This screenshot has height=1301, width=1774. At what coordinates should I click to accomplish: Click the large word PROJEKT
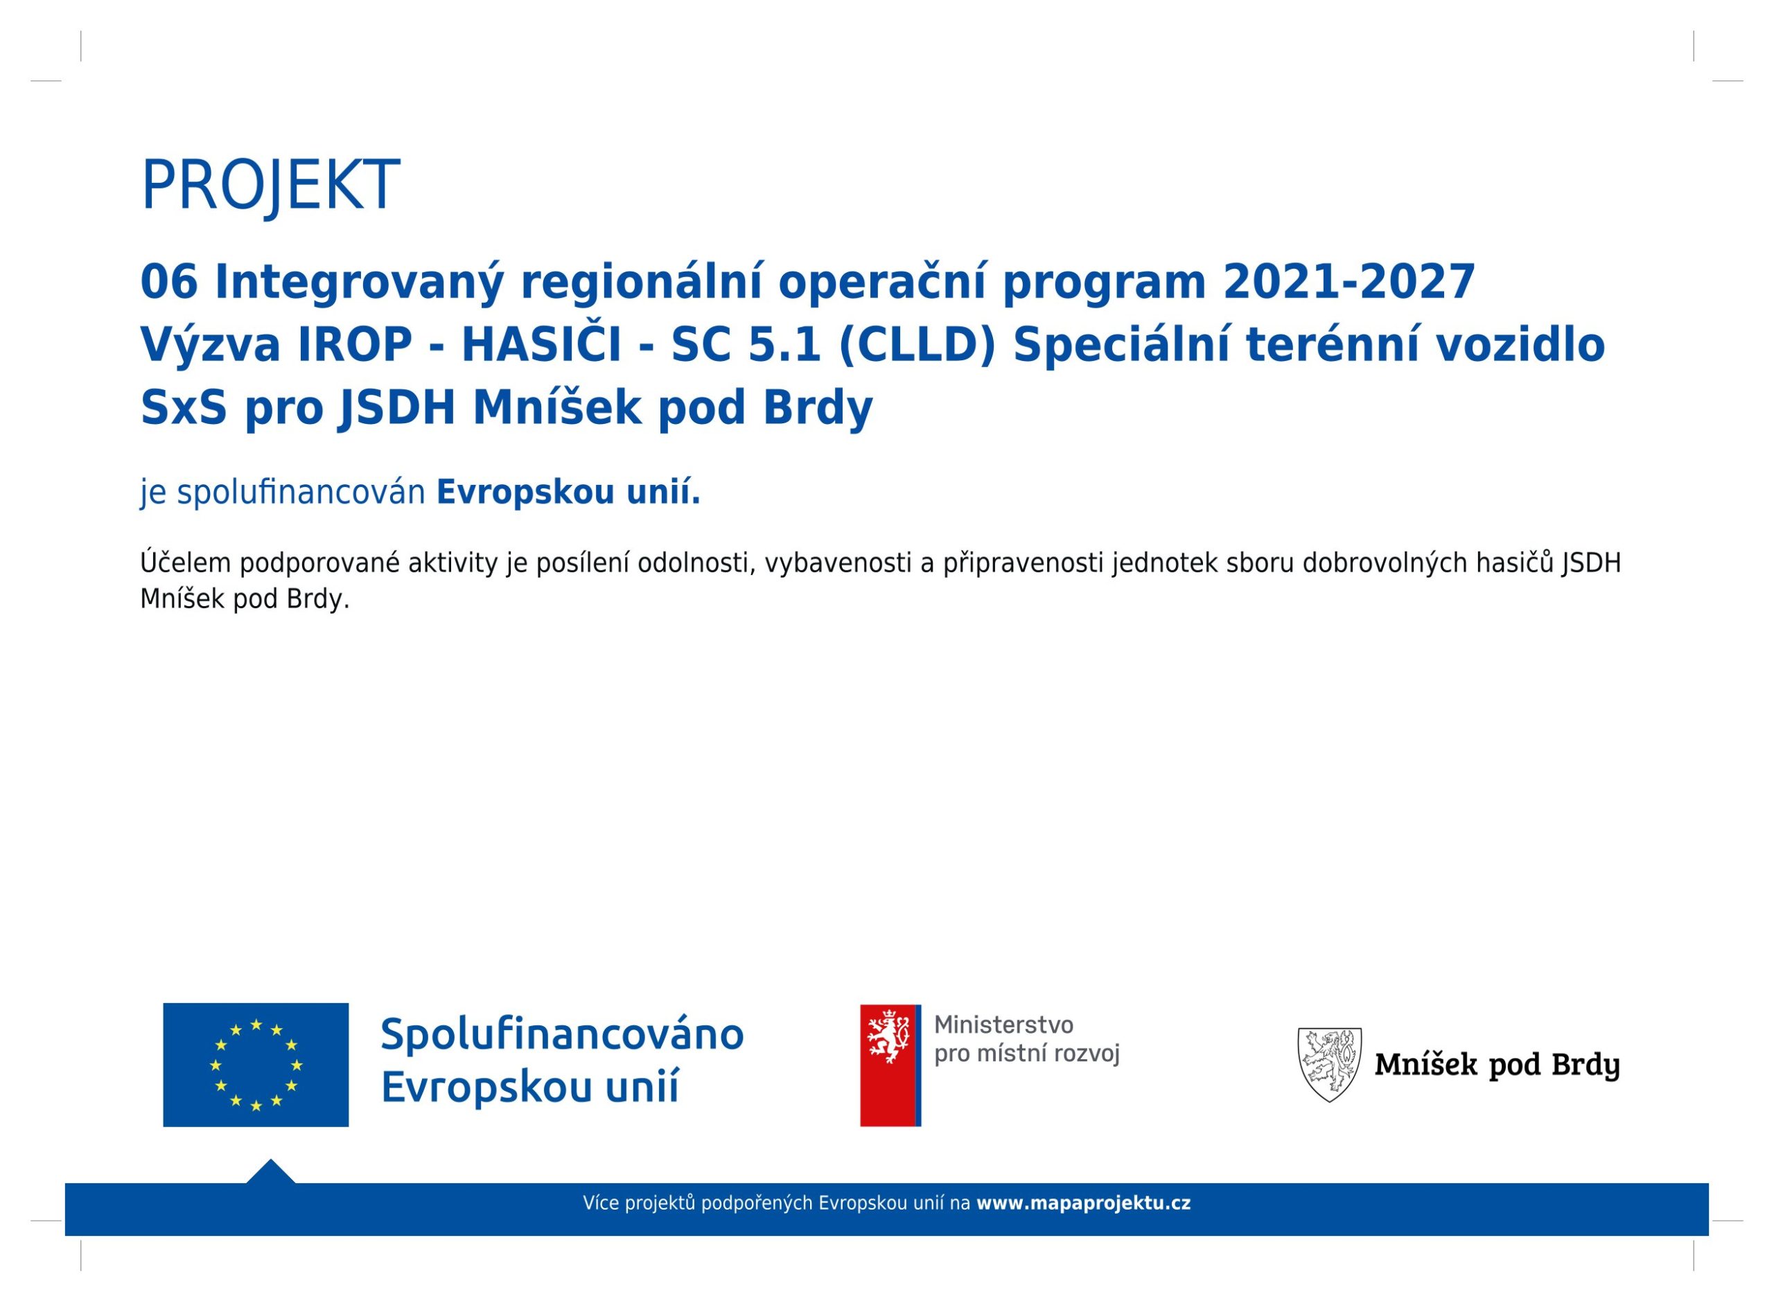[270, 186]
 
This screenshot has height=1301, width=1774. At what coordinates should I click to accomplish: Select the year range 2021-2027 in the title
[1349, 281]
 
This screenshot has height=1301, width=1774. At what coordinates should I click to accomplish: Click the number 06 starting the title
[168, 281]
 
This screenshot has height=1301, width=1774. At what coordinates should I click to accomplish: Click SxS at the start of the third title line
[184, 408]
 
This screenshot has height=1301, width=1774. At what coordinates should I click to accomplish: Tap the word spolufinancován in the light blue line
[301, 493]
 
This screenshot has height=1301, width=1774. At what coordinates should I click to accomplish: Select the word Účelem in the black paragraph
[185, 563]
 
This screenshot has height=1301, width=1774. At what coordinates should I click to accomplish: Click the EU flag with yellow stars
[256, 1065]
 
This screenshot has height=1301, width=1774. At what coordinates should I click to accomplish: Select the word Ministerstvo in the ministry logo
[1003, 1025]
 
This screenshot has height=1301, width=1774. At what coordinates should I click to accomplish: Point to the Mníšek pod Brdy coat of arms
[1330, 1065]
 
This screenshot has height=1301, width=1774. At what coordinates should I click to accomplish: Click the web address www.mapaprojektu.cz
[1083, 1203]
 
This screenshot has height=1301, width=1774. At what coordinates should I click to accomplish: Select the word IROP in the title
[355, 345]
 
